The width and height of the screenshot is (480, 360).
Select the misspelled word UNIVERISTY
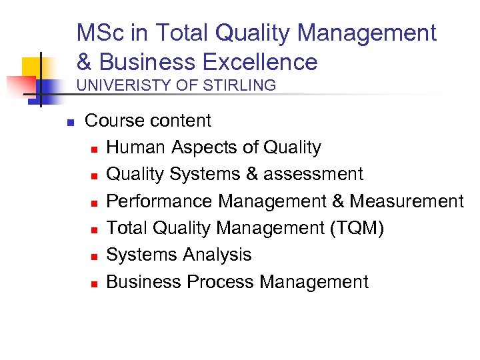click(125, 85)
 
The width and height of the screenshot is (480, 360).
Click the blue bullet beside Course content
click(69, 122)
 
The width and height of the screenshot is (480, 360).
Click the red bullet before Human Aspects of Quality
click(94, 149)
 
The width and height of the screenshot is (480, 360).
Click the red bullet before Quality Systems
click(94, 175)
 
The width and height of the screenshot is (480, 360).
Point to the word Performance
click(159, 201)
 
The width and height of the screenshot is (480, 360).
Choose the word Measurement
click(407, 201)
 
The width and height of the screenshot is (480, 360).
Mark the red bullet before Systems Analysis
click(94, 256)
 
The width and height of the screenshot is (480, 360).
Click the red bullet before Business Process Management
click(94, 283)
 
